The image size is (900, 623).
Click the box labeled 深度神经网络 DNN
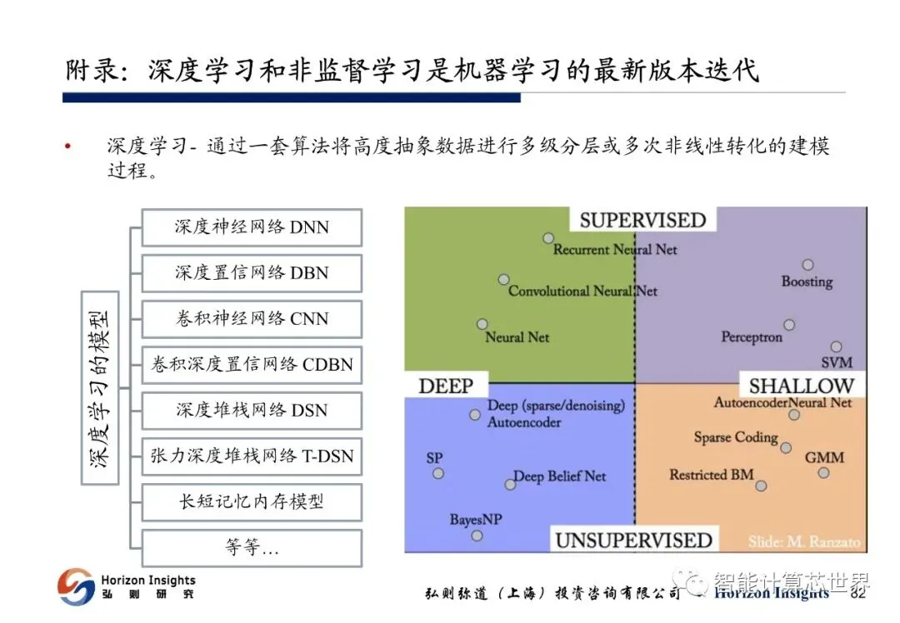[x=252, y=227]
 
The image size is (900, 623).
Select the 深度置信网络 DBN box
[x=252, y=273]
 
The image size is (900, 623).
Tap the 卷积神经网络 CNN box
[x=252, y=319]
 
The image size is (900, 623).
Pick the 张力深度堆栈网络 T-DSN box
[x=252, y=456]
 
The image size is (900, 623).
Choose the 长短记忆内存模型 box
[x=252, y=502]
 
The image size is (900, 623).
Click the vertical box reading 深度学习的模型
[x=100, y=387]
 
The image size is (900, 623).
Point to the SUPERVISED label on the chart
[x=642, y=220]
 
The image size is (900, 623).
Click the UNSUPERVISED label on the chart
[x=633, y=541]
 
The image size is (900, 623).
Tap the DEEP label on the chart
[x=445, y=386]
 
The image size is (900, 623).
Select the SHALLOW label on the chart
[x=801, y=386]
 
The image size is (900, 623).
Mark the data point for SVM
[x=836, y=346]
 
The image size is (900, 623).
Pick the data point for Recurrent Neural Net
[x=548, y=238]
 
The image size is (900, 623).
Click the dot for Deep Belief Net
[x=510, y=484]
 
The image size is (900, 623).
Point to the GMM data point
[x=823, y=473]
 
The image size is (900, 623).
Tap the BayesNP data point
[x=477, y=536]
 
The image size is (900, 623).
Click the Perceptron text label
[x=752, y=337]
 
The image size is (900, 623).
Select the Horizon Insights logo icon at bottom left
[x=76, y=586]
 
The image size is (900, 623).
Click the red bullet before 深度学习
[x=68, y=147]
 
